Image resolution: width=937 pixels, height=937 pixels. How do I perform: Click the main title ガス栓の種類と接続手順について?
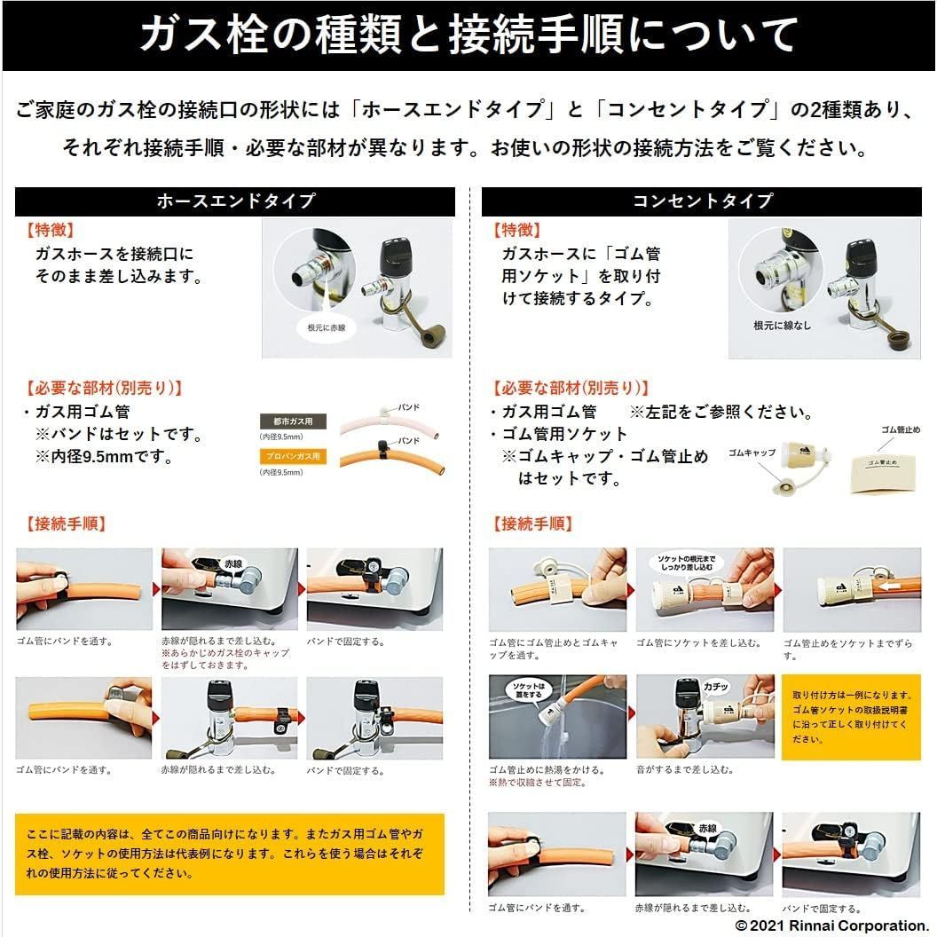pos(468,35)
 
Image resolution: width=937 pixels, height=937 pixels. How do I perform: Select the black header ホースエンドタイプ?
pos(235,201)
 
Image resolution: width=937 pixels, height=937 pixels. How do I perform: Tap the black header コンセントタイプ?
pos(702,201)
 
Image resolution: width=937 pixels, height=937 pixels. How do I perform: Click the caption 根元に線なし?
pos(781,327)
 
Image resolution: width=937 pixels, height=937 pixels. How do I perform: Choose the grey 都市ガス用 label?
pos(292,421)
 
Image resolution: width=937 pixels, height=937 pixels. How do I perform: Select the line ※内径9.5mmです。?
pos(103,458)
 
